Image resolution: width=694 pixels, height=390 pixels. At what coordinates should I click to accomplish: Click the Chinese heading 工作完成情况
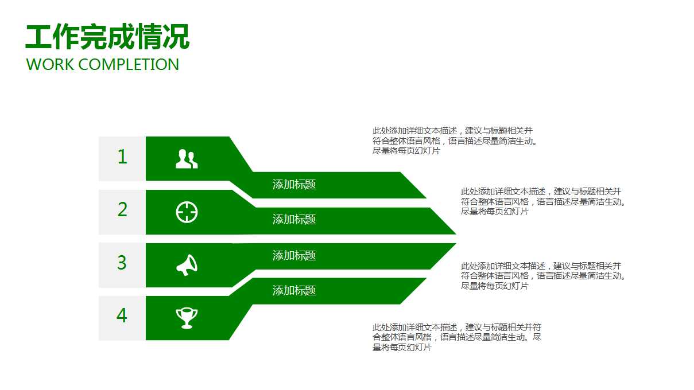point(107,38)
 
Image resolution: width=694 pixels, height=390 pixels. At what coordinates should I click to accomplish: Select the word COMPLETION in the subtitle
point(129,64)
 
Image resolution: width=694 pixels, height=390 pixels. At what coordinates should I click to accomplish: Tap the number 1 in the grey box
point(122,157)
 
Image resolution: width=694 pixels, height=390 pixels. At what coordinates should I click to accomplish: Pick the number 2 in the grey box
point(122,210)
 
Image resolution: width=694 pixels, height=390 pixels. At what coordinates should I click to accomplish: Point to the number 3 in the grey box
point(122,263)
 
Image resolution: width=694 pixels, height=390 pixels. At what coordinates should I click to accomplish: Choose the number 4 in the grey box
point(122,316)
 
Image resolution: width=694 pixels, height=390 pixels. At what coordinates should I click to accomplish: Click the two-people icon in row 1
point(187,159)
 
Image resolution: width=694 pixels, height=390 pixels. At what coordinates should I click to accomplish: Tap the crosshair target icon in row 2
point(187,212)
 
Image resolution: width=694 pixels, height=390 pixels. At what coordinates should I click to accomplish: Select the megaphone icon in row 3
point(187,265)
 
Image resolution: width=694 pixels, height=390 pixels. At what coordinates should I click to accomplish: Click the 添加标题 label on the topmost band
point(294,185)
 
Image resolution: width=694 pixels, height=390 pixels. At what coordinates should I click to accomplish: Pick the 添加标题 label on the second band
point(294,220)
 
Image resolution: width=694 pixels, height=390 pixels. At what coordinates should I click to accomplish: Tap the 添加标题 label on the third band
point(294,256)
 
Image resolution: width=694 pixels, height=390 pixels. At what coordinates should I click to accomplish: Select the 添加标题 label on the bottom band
point(294,291)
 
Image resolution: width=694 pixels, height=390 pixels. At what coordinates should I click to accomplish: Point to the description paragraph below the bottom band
point(456,337)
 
